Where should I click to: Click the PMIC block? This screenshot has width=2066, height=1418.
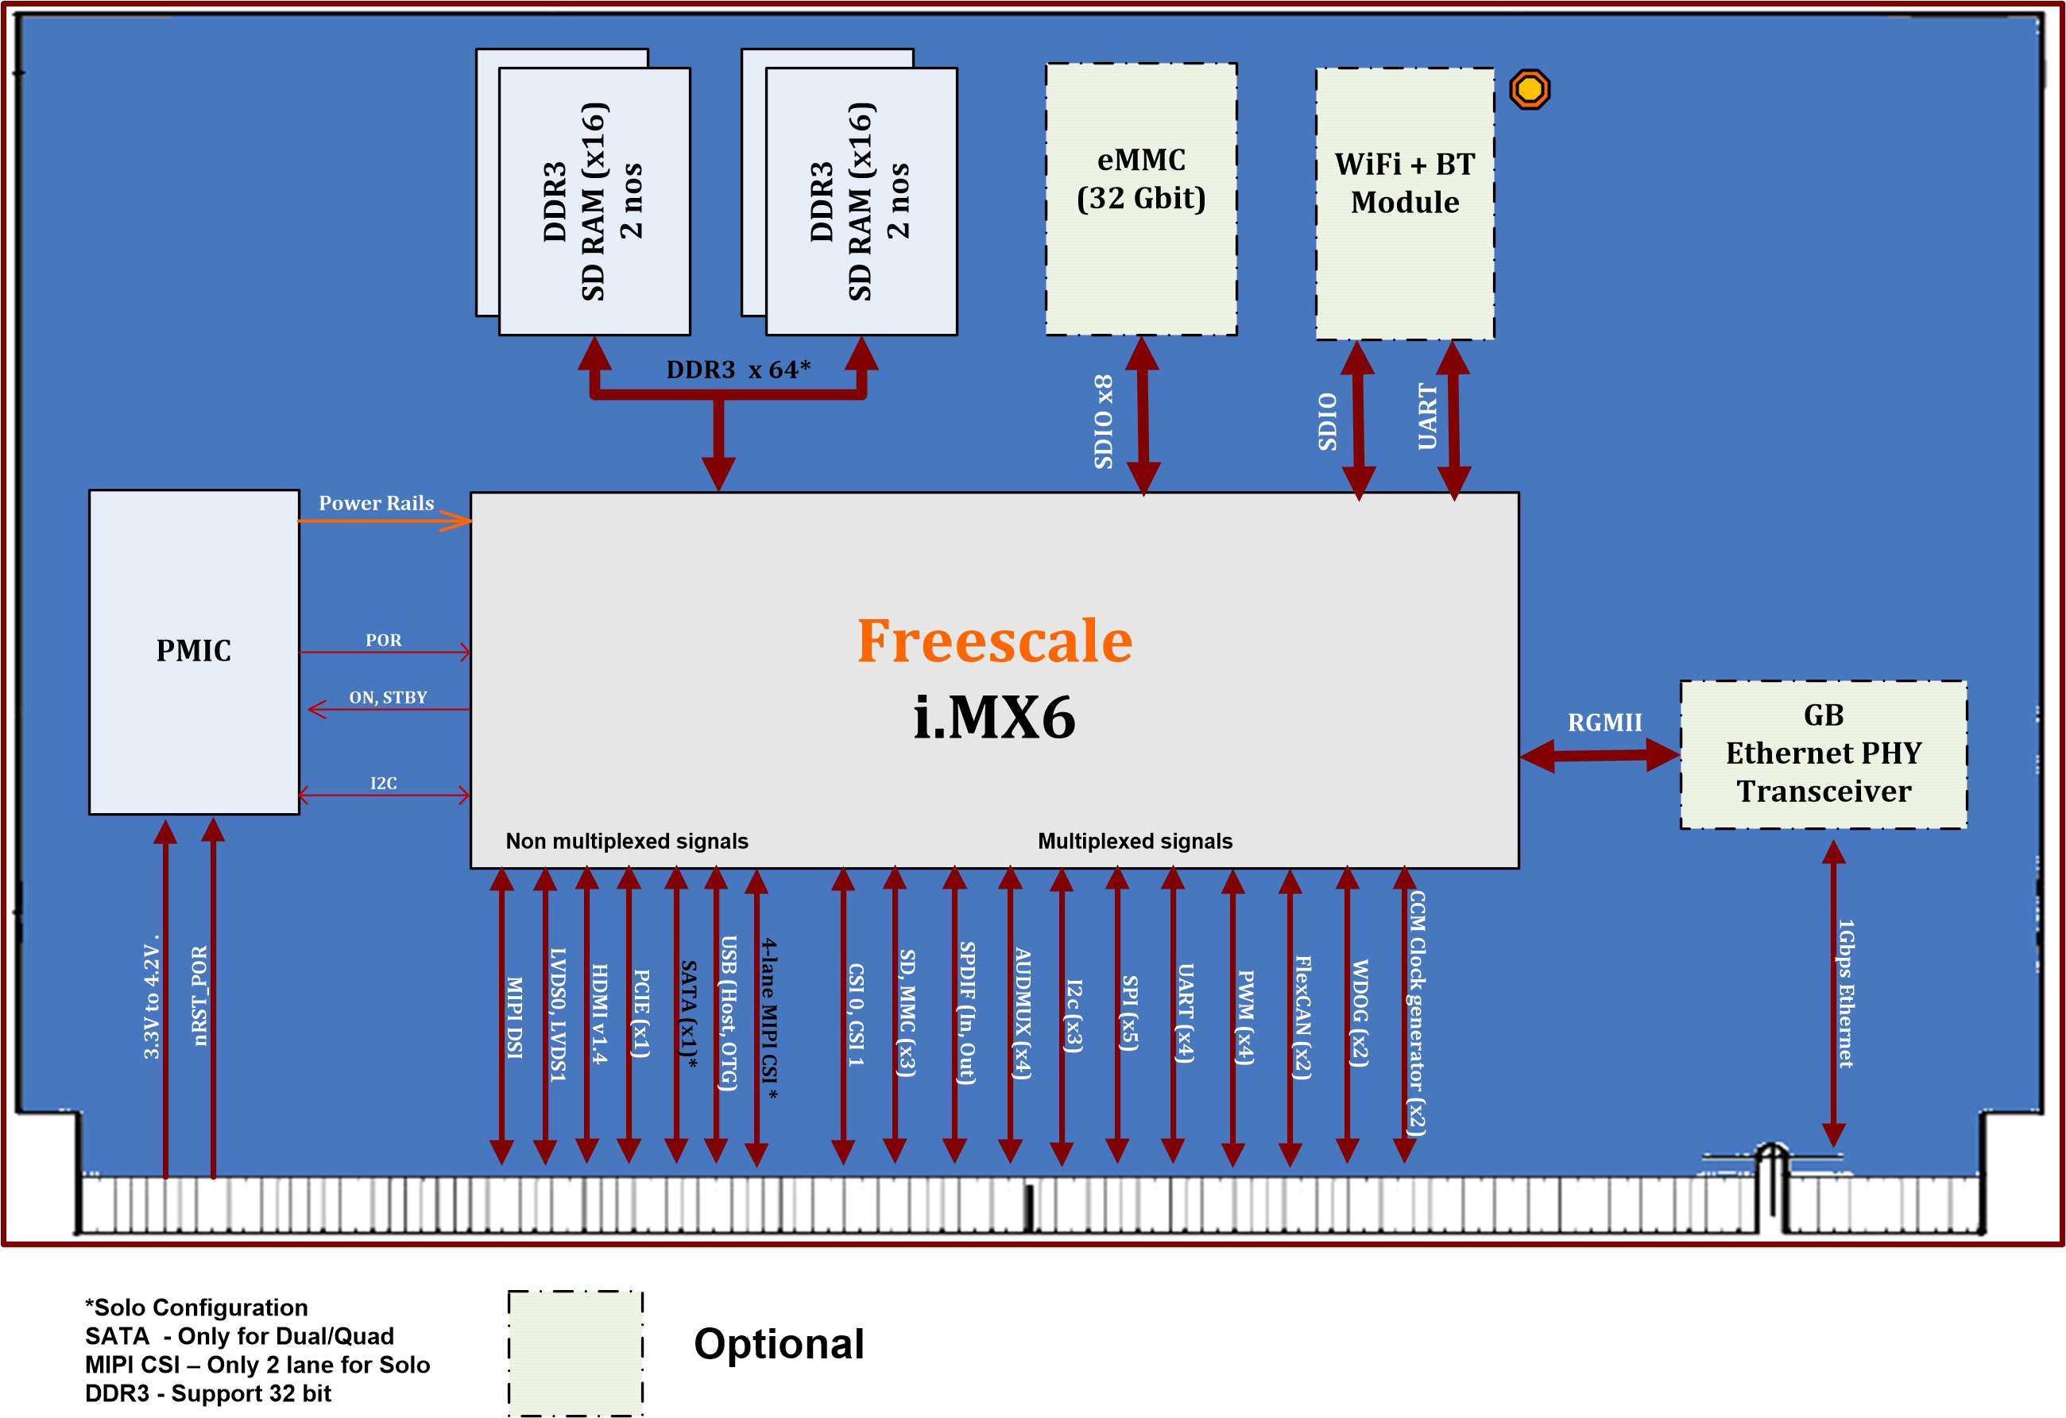[x=194, y=652]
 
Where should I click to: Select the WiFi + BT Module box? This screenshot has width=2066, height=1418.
[x=1405, y=203]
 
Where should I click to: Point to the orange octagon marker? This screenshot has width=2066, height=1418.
[x=1529, y=89]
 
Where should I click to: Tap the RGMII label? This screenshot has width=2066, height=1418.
[x=1604, y=723]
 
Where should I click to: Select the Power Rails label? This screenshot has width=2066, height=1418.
[x=376, y=503]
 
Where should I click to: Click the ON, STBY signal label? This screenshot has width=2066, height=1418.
[x=388, y=698]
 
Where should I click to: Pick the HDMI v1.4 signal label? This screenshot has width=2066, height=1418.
[x=599, y=1013]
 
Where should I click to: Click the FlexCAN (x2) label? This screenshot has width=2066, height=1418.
[x=1302, y=1017]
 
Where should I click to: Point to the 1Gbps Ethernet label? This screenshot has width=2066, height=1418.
[x=1846, y=993]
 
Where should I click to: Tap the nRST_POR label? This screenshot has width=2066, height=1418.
[x=199, y=996]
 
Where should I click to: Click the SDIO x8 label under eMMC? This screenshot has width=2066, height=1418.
[x=1103, y=421]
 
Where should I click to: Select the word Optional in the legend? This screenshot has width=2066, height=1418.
[x=779, y=1343]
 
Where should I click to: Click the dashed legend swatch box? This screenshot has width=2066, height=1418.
[x=575, y=1351]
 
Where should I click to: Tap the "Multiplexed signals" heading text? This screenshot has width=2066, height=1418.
[x=1135, y=841]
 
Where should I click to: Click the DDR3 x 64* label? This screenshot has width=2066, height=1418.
[x=738, y=370]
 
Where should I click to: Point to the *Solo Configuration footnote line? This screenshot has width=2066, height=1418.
[x=196, y=1307]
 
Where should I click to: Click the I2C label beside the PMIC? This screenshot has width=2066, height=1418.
[x=383, y=783]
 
